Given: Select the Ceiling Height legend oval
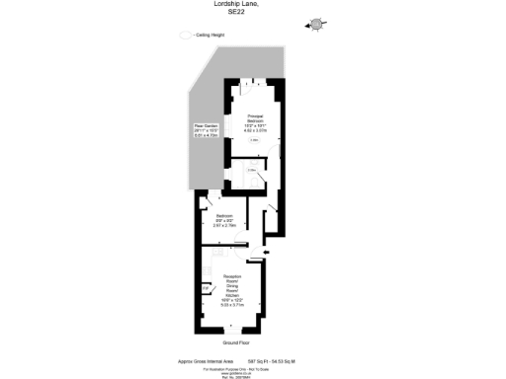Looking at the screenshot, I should pyautogui.click(x=185, y=35).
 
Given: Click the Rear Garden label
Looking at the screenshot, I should pyautogui.click(x=205, y=126).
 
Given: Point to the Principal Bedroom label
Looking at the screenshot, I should pyautogui.click(x=255, y=118).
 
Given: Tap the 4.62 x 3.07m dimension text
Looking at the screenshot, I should pyautogui.click(x=255, y=131).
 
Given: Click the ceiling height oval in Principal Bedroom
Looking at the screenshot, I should pyautogui.click(x=254, y=140).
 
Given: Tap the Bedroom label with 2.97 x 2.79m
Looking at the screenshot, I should pyautogui.click(x=223, y=214).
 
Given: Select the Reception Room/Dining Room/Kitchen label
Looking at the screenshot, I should pyautogui.click(x=233, y=286).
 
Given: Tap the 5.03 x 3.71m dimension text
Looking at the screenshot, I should pyautogui.click(x=233, y=306).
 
